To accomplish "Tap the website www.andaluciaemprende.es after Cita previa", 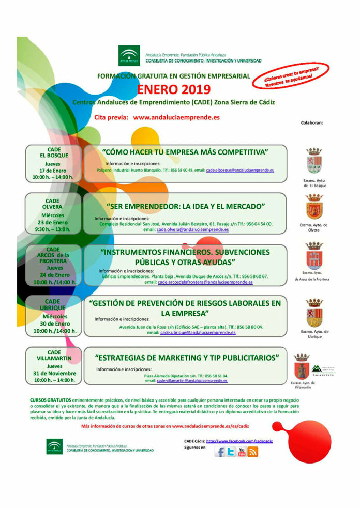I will (176, 117).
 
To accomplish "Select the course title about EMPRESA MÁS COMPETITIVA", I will (185, 152).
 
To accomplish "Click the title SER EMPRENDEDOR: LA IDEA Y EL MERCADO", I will (186, 206).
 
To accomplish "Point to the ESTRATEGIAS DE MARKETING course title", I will (190, 357).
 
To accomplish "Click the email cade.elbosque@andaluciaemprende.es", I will (240, 170).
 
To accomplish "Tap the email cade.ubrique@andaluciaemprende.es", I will (198, 333).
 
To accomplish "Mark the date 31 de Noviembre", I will (54, 373).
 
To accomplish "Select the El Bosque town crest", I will (314, 161).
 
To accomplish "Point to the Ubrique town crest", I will (314, 313).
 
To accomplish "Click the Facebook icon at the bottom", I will (220, 452).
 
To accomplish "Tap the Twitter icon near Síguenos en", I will (231, 452).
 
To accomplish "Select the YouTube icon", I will (242, 452).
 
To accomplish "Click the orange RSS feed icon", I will (252, 452).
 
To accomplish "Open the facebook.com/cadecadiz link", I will (239, 441).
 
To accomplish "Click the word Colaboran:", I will (312, 123).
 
